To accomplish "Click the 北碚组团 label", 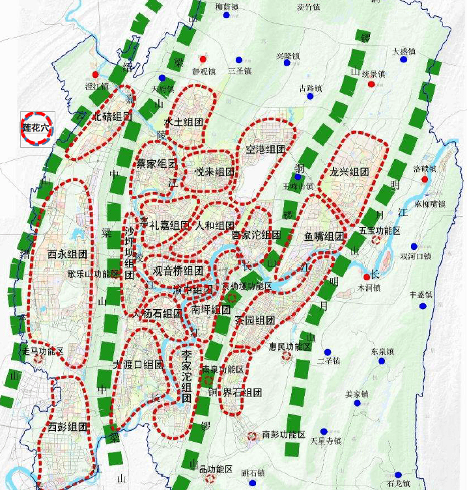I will click(112, 117).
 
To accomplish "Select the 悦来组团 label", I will click(214, 172).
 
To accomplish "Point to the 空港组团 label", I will click(265, 149).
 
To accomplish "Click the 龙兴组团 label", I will click(349, 172).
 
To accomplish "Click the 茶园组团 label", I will click(255, 320).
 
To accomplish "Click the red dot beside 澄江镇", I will click(96, 74).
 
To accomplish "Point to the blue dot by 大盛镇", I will click(404, 60).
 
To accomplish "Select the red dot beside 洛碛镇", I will click(425, 179).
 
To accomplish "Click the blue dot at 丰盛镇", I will click(423, 306).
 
